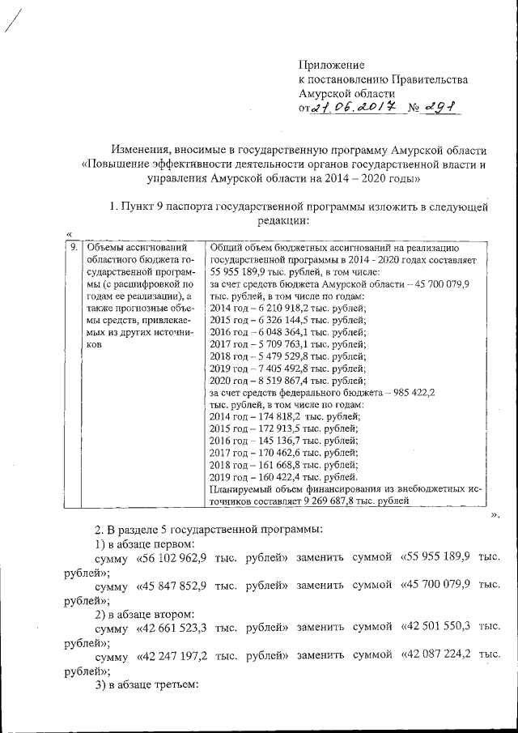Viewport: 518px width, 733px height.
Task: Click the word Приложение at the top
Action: point(332,64)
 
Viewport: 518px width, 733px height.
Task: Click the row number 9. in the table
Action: point(73,247)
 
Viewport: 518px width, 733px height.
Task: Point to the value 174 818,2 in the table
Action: point(273,416)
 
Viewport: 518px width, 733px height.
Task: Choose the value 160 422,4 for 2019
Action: point(272,477)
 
